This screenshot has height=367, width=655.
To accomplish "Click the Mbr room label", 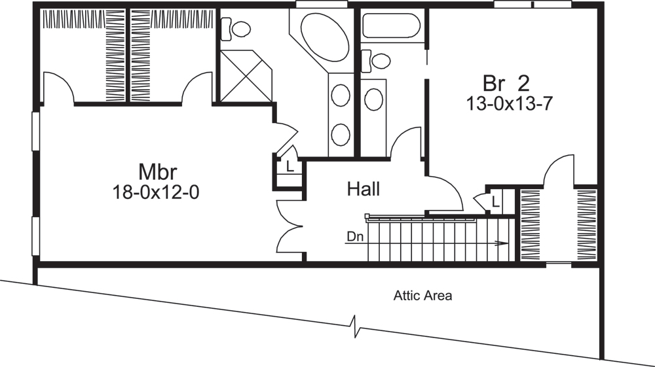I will click(158, 172).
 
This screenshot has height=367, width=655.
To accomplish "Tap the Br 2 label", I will click(505, 83).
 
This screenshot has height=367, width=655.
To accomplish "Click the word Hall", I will click(364, 190).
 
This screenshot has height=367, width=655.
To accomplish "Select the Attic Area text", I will click(422, 296).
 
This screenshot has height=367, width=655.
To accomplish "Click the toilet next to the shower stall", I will click(236, 29).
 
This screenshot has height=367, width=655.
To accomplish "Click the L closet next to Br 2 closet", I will click(495, 201).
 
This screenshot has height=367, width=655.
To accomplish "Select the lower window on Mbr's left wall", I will click(36, 236).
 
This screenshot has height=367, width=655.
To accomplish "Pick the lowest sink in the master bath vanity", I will click(340, 134).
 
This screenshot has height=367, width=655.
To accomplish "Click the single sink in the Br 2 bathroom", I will click(373, 99).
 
